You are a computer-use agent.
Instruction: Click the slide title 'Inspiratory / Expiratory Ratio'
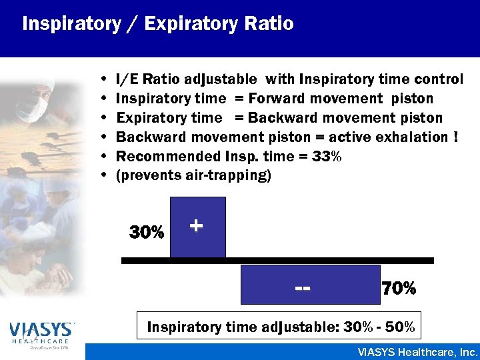157,24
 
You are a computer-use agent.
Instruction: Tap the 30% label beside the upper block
147,233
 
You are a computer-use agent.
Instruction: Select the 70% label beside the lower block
399,289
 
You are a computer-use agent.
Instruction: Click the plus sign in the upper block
196,226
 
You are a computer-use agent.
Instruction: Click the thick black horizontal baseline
277,260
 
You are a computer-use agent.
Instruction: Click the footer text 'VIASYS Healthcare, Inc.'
417,351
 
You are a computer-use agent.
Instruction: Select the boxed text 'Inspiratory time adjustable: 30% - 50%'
281,327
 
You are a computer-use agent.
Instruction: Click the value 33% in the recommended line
327,157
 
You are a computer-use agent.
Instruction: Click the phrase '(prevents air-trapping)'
193,176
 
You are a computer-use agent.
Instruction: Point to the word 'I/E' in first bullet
127,79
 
